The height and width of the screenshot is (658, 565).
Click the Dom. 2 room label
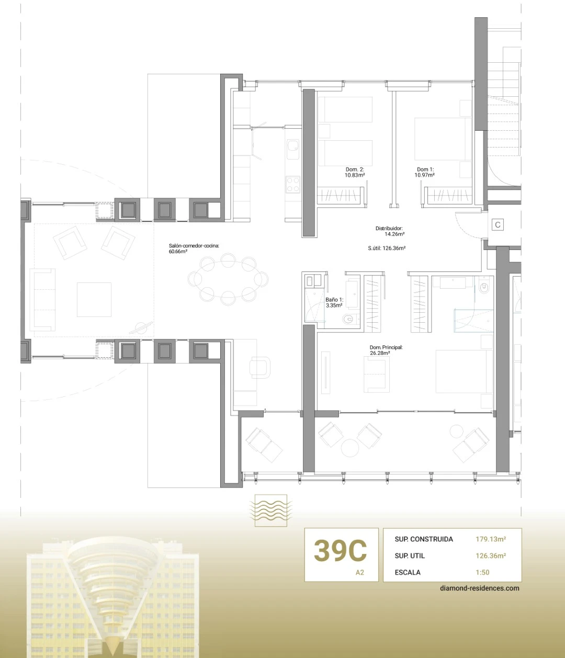355,169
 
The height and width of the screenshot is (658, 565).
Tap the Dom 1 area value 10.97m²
425,175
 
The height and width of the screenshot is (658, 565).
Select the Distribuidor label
389,228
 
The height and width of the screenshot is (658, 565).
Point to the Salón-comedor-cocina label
194,246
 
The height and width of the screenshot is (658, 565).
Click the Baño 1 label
334,300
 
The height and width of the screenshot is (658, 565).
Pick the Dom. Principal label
386,347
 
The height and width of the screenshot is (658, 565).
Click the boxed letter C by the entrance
498,225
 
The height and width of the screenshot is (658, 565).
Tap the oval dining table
228,279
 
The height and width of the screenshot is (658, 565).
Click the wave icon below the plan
270,510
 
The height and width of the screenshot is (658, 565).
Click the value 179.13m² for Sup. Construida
491,539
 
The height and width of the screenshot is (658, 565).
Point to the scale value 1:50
482,572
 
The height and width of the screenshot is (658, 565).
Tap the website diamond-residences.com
479,588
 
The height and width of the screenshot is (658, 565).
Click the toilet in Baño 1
349,319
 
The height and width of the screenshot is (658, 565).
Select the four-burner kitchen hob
292,184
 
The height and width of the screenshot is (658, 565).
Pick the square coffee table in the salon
94,300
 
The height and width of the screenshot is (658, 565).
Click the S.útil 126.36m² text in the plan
387,248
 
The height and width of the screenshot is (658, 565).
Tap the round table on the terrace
349,448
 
